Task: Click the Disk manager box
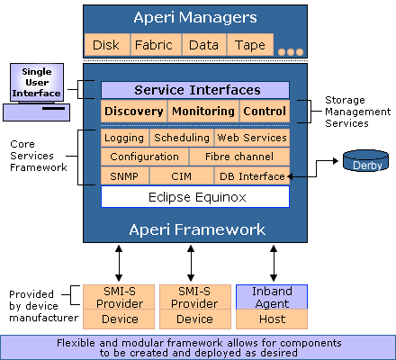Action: click(107, 45)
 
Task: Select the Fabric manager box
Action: click(156, 45)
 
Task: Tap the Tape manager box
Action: click(250, 45)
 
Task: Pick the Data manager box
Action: click(204, 45)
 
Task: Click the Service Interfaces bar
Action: click(195, 90)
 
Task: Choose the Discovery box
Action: click(134, 111)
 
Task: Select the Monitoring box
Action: click(203, 111)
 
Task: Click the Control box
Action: click(265, 111)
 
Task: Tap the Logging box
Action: click(124, 138)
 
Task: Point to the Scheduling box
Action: click(182, 138)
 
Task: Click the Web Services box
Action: click(252, 138)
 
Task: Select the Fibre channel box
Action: click(239, 157)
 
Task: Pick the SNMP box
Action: click(124, 176)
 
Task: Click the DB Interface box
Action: click(252, 176)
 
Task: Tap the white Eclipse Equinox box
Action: click(195, 197)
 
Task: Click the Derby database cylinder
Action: click(365, 160)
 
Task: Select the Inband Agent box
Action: click(272, 297)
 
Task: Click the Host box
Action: click(272, 319)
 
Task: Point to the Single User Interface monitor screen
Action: click(37, 83)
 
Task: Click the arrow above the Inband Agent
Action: click(274, 263)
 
